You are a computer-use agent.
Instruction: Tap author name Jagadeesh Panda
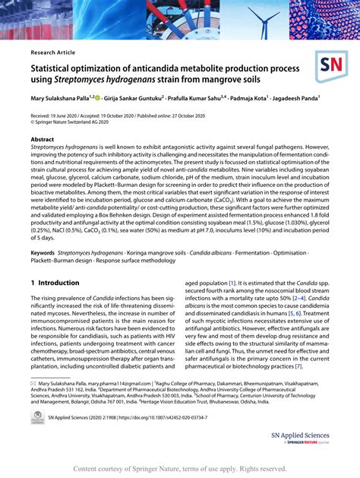pyautogui.click(x=294, y=98)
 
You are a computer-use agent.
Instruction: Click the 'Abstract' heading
pyautogui.click(x=42, y=141)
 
